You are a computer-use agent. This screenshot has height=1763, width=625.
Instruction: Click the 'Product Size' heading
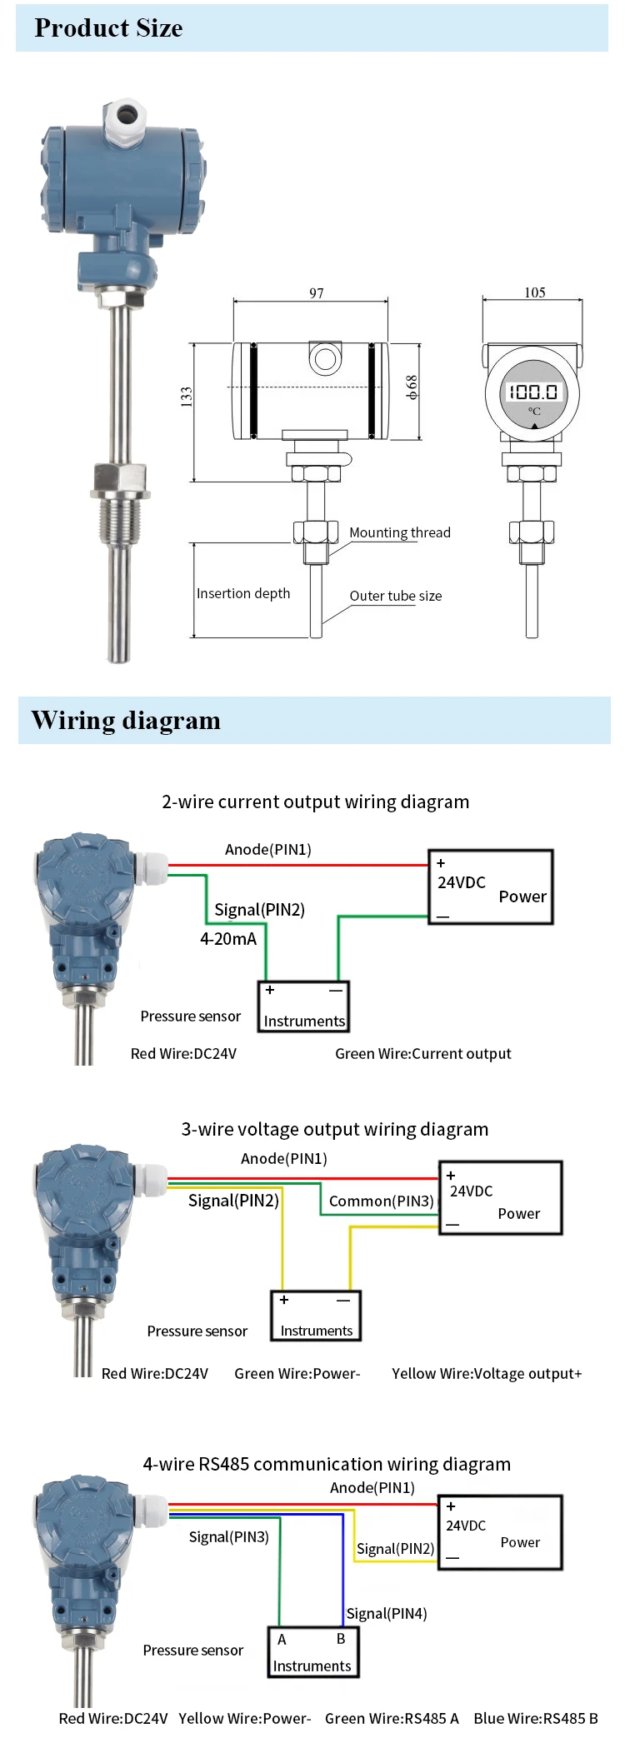click(108, 28)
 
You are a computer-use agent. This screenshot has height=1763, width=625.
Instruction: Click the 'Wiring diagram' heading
click(126, 721)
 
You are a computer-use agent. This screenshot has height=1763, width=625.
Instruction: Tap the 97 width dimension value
click(317, 293)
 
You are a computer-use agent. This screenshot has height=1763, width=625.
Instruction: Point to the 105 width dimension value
click(535, 292)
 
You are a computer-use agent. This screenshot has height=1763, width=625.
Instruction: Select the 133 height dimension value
click(187, 397)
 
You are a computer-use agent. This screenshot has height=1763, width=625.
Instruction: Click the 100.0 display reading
click(534, 392)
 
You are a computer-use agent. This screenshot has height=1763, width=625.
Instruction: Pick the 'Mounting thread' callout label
click(400, 532)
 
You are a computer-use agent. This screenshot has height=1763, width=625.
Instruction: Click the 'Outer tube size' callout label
click(396, 596)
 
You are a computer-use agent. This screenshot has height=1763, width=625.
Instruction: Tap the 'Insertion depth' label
click(243, 593)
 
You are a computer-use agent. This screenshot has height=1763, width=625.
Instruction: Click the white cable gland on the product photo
click(125, 121)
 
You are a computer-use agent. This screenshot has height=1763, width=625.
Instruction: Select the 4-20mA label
click(228, 939)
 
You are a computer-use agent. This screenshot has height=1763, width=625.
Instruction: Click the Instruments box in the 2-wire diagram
click(303, 1006)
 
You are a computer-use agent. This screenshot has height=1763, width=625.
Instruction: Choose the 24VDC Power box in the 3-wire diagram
click(501, 1198)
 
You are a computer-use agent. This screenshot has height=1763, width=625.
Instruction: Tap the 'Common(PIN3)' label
click(381, 1201)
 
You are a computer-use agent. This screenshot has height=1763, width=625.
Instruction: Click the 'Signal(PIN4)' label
click(387, 1614)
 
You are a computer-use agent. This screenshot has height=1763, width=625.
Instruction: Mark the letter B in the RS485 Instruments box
click(341, 1639)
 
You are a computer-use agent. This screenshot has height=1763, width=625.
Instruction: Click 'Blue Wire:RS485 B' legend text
click(536, 1718)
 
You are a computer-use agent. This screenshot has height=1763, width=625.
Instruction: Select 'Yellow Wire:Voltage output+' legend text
click(487, 1373)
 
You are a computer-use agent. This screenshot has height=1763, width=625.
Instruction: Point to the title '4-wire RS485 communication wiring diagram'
click(327, 1464)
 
